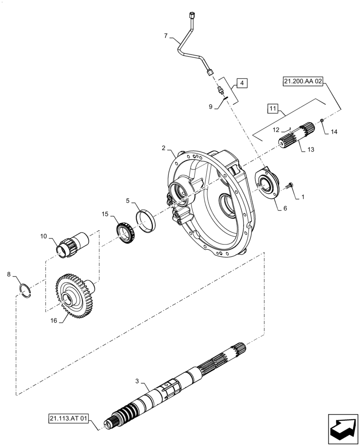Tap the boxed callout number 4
241,83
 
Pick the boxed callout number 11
273,108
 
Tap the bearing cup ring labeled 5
146,219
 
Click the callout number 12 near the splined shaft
276,130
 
